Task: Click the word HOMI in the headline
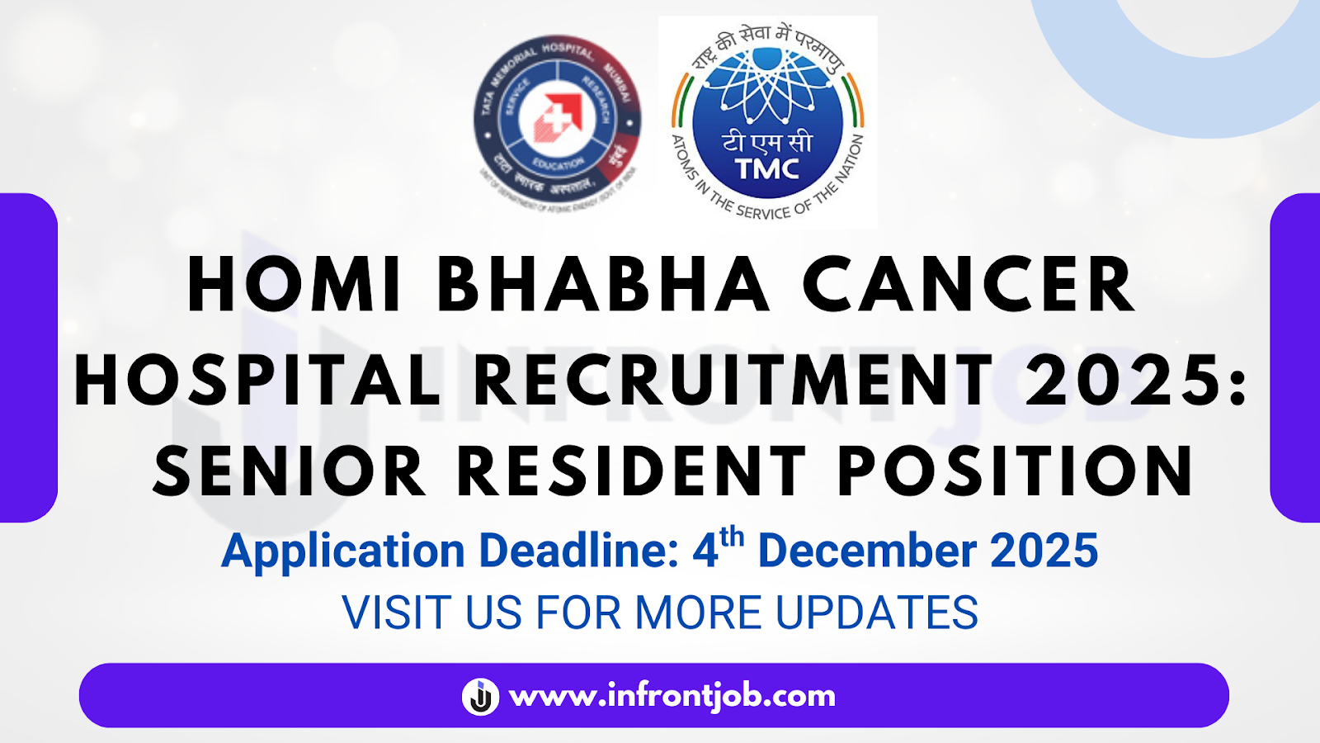point(295,286)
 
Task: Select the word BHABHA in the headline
point(602,286)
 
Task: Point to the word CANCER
point(969,286)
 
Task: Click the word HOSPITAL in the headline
point(257,380)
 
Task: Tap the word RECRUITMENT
point(733,380)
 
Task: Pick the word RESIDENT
point(631,471)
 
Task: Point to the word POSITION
point(1016,471)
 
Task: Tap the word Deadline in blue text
point(579,551)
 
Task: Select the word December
point(867,551)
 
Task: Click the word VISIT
point(398,613)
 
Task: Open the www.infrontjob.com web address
point(672,696)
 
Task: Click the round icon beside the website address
point(480,696)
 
